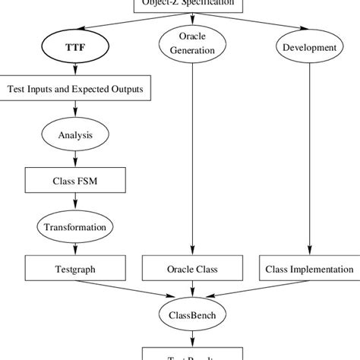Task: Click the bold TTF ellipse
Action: click(74, 47)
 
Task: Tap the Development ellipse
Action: click(308, 47)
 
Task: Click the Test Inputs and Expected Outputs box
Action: click(74, 90)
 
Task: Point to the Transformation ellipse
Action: click(74, 226)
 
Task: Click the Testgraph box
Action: click(74, 269)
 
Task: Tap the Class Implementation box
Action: click(308, 269)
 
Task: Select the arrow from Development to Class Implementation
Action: click(308, 159)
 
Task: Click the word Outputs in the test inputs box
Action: click(123, 90)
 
